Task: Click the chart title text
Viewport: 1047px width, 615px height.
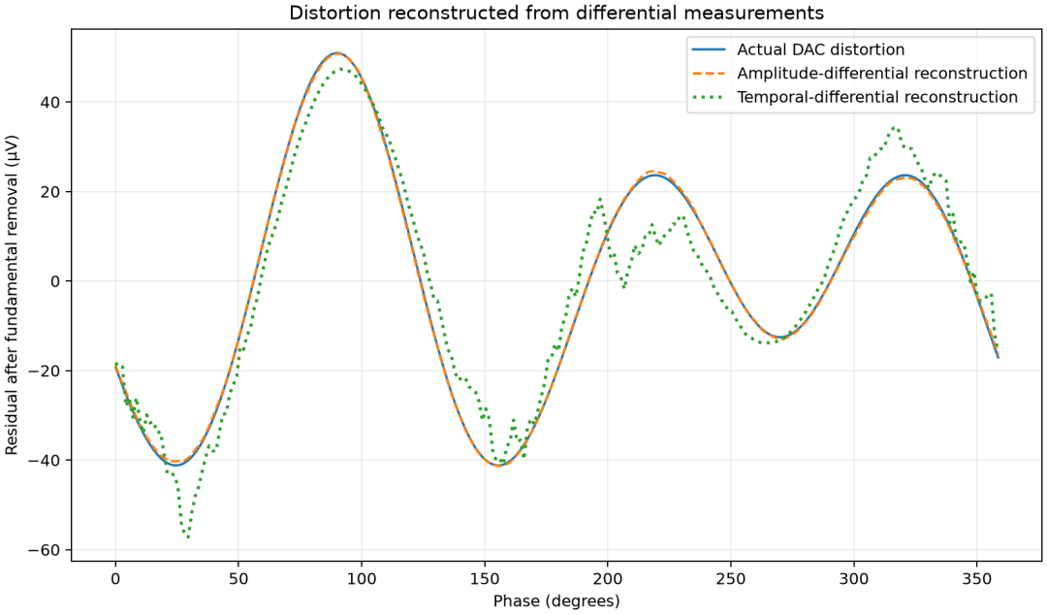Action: (x=556, y=13)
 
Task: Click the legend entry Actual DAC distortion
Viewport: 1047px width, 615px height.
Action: (x=821, y=49)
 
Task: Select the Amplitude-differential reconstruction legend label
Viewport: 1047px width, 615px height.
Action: (x=882, y=74)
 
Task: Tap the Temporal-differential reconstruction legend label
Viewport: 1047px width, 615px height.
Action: (x=877, y=97)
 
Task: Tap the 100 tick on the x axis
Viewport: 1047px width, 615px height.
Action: (x=362, y=578)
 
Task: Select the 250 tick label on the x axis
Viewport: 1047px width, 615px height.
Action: (x=730, y=578)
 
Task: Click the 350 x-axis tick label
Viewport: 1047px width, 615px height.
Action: (x=976, y=578)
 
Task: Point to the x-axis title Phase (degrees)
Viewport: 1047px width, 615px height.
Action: (x=556, y=601)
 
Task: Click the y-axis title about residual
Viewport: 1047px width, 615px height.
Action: (x=12, y=295)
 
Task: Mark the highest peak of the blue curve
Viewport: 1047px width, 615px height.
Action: (x=337, y=52)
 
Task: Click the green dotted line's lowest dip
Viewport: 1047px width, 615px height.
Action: (x=188, y=536)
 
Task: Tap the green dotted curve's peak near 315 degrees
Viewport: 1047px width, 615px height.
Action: (x=894, y=127)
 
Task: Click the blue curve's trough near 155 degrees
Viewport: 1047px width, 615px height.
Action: (x=499, y=466)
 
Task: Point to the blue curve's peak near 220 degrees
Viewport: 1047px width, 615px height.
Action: (x=654, y=175)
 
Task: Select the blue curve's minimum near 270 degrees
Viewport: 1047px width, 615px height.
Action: (x=779, y=337)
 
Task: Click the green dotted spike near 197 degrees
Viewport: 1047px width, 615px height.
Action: (x=600, y=199)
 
